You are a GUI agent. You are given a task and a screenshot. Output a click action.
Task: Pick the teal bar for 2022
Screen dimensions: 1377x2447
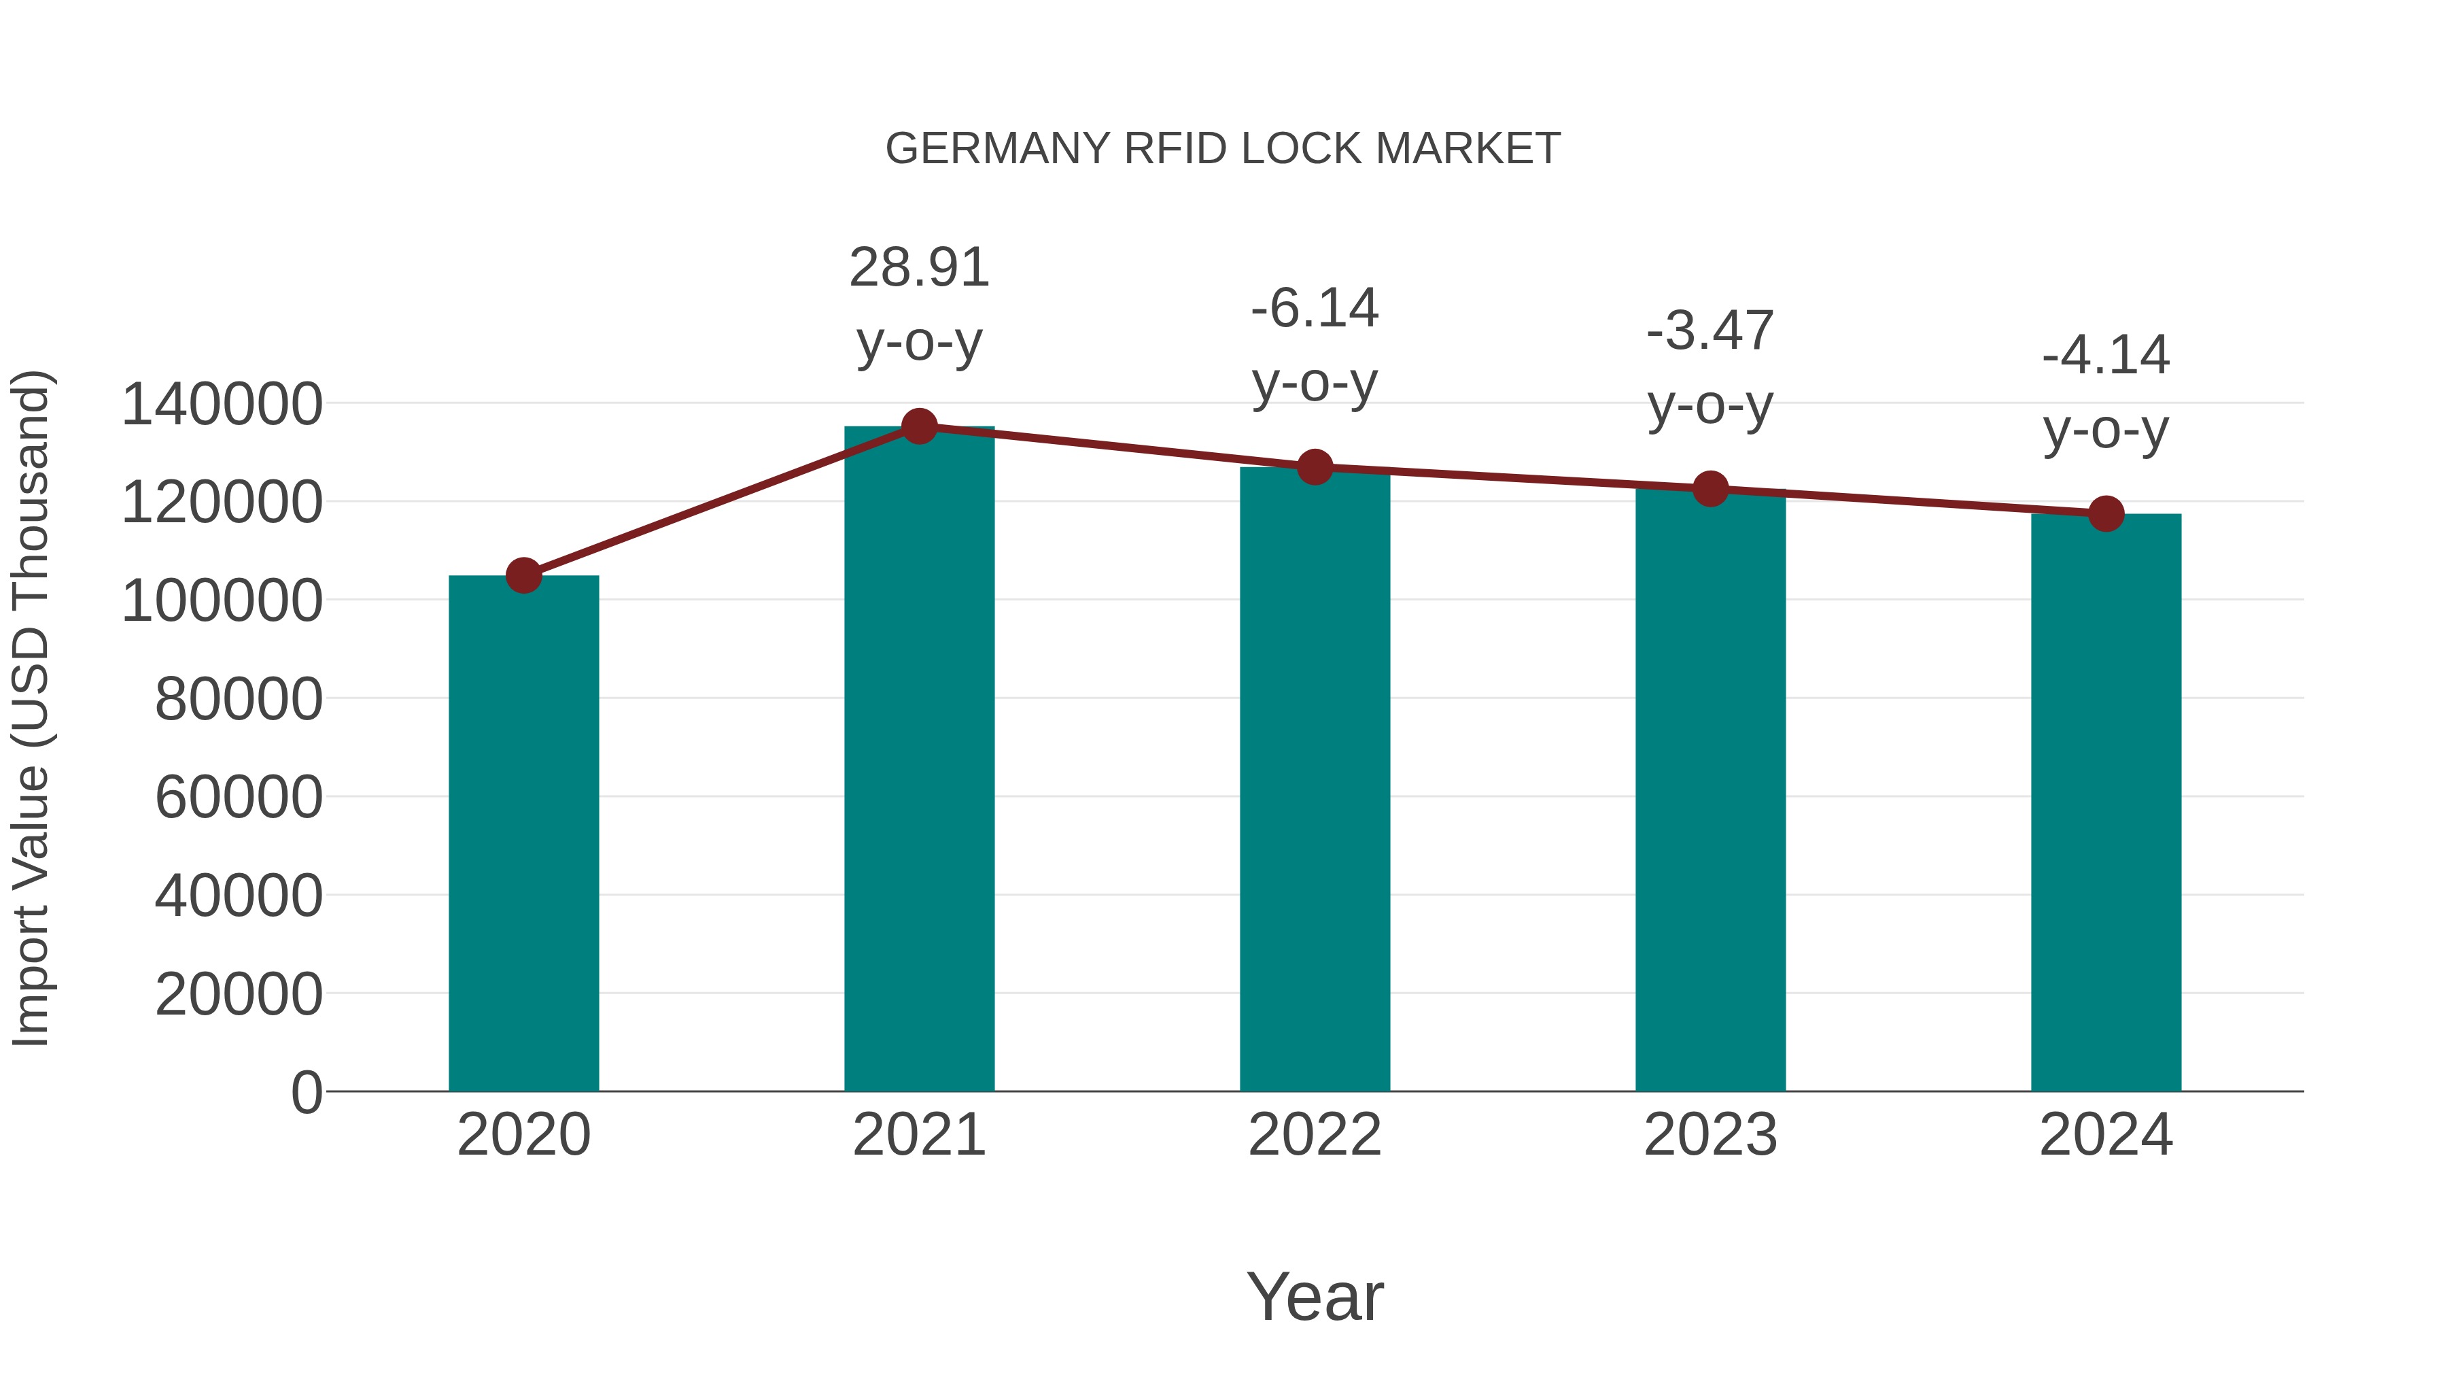[x=1314, y=779]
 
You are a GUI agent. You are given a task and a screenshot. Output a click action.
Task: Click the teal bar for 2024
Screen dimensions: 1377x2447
[x=2105, y=803]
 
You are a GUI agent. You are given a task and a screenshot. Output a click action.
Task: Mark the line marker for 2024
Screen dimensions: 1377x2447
[x=2105, y=514]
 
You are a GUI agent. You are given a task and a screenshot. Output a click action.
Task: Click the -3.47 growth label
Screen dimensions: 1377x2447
[x=1710, y=332]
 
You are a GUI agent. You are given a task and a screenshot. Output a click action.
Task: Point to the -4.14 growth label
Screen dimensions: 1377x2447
[x=2105, y=356]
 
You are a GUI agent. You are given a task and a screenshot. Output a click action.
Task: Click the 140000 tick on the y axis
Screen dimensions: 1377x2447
[x=222, y=404]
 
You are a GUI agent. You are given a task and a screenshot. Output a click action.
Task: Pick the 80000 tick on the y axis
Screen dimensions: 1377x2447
[x=239, y=700]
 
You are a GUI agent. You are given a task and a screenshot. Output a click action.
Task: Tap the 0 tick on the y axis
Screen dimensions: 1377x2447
[x=307, y=1092]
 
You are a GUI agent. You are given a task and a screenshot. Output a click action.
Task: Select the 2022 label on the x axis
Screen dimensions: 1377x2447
[x=1314, y=1135]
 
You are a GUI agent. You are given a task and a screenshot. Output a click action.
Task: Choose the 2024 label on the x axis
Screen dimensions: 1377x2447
[x=2105, y=1135]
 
